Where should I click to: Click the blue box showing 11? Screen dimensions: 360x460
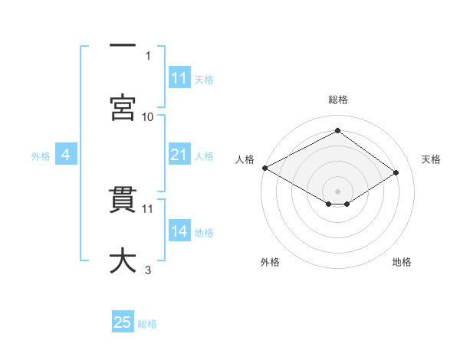(179, 79)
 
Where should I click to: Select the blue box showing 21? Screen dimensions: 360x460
(179, 155)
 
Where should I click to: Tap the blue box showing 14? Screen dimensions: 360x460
(179, 232)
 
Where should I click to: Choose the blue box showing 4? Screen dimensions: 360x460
(66, 155)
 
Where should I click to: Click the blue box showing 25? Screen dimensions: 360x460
(123, 322)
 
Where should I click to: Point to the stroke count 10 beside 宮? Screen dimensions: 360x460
(148, 116)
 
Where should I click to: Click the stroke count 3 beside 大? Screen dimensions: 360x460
(148, 270)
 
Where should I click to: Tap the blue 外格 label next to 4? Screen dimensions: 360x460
(41, 156)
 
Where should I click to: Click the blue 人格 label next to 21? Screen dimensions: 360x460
(204, 156)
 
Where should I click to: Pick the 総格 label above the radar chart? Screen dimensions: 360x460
(337, 100)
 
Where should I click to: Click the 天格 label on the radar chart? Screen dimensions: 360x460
(431, 159)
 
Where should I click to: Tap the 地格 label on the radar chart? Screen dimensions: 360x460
(402, 262)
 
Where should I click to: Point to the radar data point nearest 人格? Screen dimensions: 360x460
(264, 168)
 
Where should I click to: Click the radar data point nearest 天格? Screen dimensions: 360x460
(396, 174)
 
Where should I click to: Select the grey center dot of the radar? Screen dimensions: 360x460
(337, 191)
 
